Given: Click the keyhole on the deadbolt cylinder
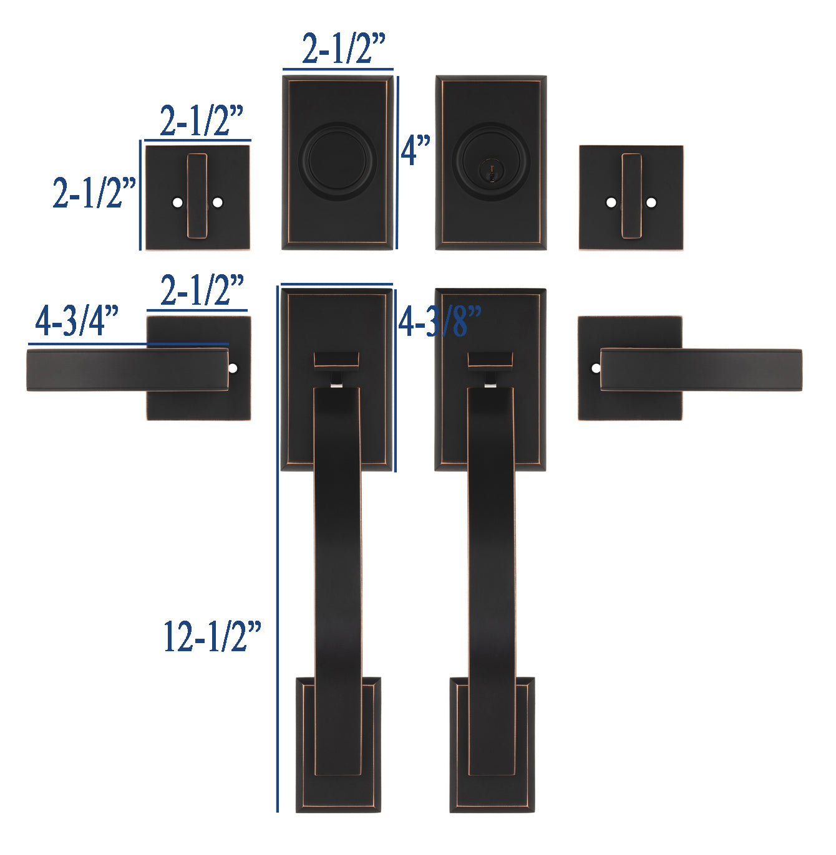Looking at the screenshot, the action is click(x=491, y=171).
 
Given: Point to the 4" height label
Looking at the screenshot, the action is click(x=416, y=151).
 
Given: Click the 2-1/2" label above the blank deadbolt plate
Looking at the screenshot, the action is click(x=344, y=48).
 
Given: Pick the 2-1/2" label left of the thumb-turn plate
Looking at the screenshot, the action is click(x=94, y=193).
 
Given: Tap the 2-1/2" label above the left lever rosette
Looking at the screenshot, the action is click(x=202, y=290).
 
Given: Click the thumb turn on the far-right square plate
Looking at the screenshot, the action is click(x=631, y=196).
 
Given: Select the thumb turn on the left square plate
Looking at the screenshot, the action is click(x=197, y=196).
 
